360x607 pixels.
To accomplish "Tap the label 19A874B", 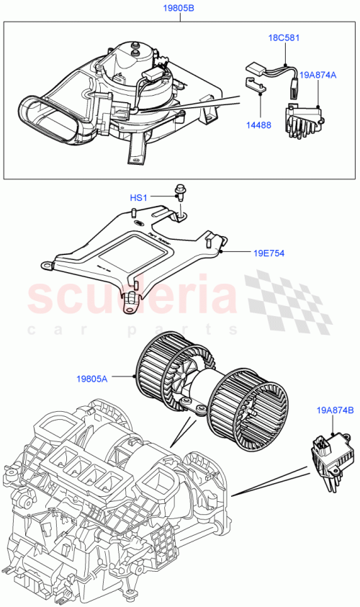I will [x=334, y=410].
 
